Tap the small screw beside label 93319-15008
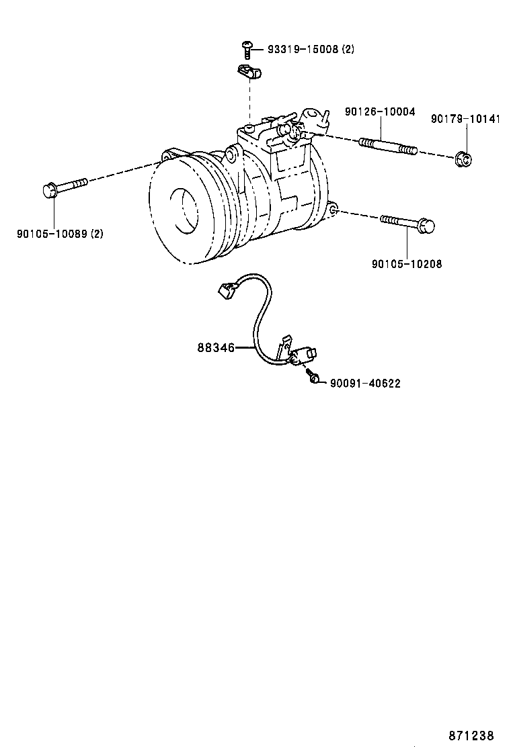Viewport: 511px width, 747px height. (247, 48)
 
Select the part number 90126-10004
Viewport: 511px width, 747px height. (380, 112)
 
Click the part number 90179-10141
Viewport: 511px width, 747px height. (465, 119)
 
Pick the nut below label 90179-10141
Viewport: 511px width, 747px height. (463, 160)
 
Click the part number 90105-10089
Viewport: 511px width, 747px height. (52, 234)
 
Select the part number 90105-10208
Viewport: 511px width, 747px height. (406, 264)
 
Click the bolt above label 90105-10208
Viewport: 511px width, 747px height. (409, 223)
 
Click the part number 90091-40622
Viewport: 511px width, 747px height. (365, 383)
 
